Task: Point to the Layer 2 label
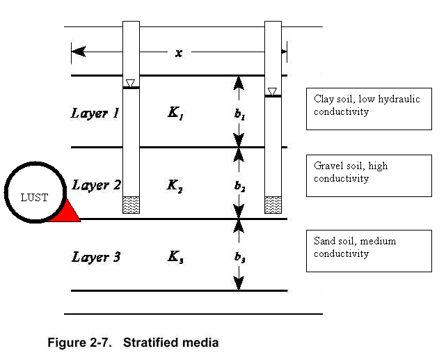coord(97,185)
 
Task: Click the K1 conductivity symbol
coord(175,112)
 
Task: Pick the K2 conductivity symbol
coord(175,185)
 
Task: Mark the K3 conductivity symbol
coord(175,258)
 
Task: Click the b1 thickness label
coord(239,116)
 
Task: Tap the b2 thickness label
coord(239,187)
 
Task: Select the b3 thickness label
coord(239,258)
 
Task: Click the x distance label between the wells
coord(179,52)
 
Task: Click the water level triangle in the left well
coord(130,84)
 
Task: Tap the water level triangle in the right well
coord(273,91)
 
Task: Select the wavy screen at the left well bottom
coord(131,205)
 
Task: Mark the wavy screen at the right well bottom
coord(273,205)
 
